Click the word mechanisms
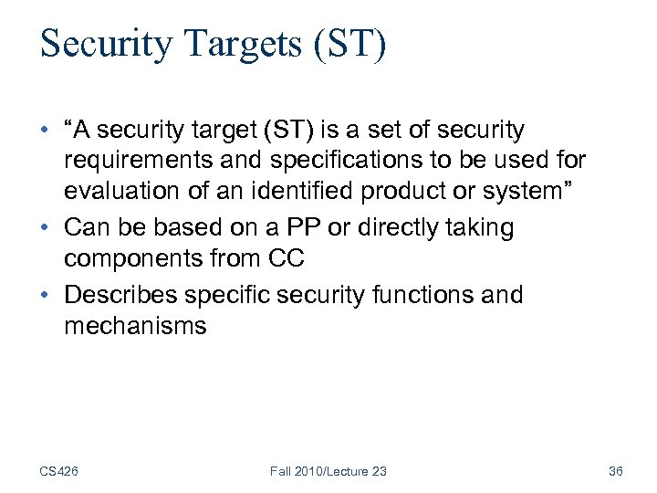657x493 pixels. tap(135, 326)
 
